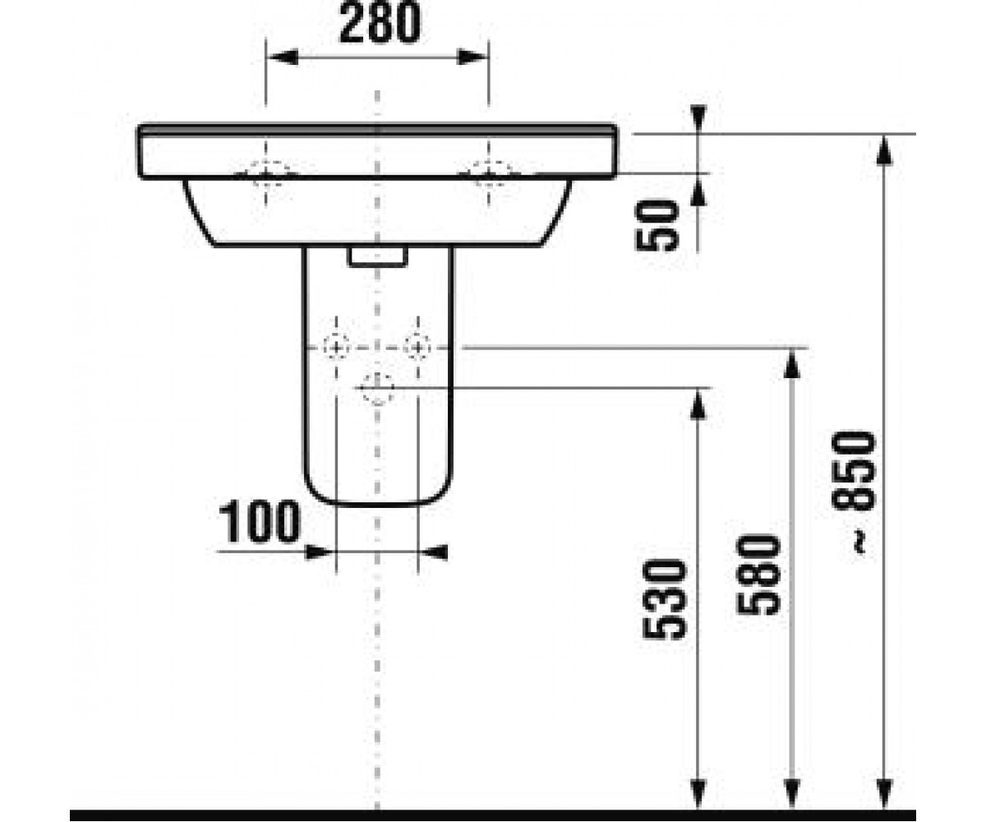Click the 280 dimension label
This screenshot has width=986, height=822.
pos(380,23)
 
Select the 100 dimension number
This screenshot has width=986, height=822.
pos(260,521)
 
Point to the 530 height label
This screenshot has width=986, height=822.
pos(664,599)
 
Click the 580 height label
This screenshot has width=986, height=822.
pos(758,575)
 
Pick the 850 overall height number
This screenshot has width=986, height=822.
pos(854,471)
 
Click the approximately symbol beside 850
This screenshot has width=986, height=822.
pos(859,542)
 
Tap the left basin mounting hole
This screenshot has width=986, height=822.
pos(266,173)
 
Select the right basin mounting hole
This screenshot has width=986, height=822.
pos(489,173)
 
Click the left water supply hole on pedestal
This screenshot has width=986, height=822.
pos(336,348)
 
